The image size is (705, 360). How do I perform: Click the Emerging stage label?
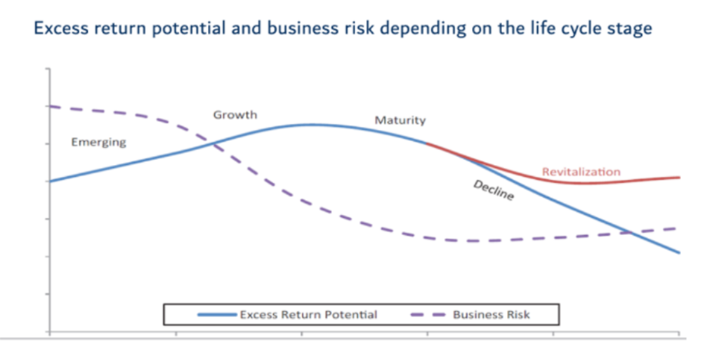[x=98, y=142]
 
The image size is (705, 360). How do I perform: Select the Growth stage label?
[x=235, y=115]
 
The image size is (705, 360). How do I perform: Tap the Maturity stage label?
[x=400, y=120]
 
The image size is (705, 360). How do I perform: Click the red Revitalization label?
[x=581, y=172]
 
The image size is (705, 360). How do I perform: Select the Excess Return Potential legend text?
[x=308, y=314]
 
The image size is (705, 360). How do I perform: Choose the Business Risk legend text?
[x=491, y=314]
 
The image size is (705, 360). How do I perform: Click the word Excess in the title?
[x=61, y=30]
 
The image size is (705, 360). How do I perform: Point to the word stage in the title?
[x=630, y=30]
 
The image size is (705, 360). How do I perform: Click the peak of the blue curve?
[x=311, y=125]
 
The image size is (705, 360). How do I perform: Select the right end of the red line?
[x=679, y=178]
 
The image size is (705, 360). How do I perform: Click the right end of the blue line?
[x=679, y=253]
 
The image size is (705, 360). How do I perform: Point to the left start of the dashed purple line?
[x=49, y=107]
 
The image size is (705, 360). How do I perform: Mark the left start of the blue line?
[x=49, y=181]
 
